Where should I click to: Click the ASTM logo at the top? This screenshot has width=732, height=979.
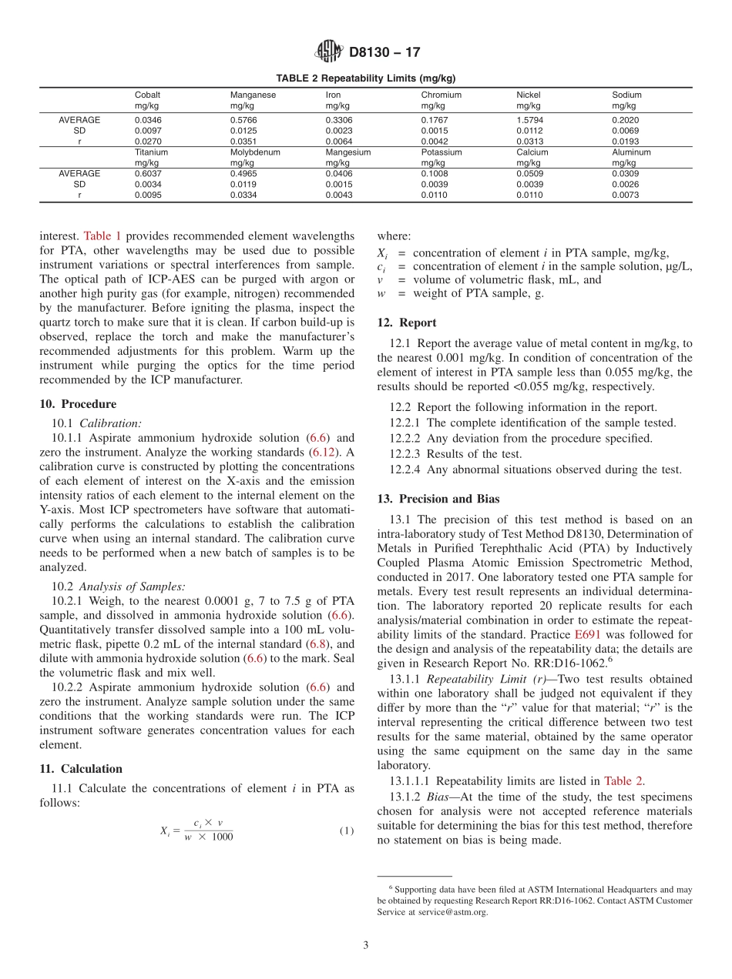tap(329, 52)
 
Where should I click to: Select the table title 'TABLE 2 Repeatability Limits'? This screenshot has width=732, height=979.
tap(366, 79)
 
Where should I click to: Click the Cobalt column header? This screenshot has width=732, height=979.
tap(147, 95)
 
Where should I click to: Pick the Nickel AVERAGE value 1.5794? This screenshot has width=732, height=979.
tap(531, 120)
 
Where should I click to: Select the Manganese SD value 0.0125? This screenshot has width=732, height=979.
tap(244, 131)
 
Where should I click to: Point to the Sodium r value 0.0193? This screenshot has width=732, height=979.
tap(626, 142)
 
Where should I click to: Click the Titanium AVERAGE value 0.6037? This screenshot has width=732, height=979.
tap(149, 173)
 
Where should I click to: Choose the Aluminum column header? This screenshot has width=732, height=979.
tap(631, 152)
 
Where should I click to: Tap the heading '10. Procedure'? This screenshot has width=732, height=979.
tap(78, 404)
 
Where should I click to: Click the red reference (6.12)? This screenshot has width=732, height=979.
tap(322, 452)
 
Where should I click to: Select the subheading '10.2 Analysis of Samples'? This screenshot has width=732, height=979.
tap(132, 586)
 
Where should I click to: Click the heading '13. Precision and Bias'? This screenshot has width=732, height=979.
tap(438, 499)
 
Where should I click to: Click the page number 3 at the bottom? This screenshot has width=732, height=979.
tap(365, 945)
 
